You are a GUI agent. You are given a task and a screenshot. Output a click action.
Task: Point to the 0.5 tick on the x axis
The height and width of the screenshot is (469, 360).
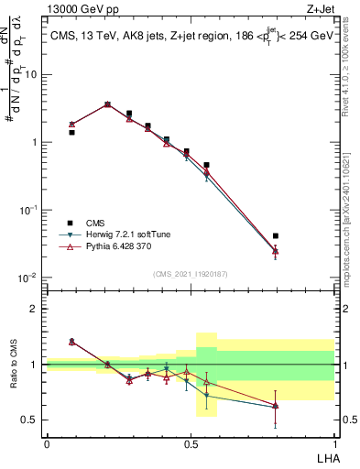tap(191, 442)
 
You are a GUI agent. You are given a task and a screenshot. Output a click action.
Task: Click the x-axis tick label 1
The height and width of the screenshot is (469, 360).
tap(334, 442)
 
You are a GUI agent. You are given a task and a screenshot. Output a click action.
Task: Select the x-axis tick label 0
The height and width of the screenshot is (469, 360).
tap(47, 442)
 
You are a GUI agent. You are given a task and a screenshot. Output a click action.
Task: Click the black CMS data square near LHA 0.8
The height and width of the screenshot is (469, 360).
tap(276, 236)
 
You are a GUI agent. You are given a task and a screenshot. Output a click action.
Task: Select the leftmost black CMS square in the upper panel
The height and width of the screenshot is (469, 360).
tap(71, 132)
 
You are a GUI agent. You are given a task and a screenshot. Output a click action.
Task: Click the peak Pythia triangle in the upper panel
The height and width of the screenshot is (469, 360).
tap(107, 104)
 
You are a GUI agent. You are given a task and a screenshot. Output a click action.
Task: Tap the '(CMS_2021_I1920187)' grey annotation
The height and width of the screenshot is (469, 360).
tap(191, 273)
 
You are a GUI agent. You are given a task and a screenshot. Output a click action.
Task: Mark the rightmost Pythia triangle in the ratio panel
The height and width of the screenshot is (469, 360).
tap(276, 404)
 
